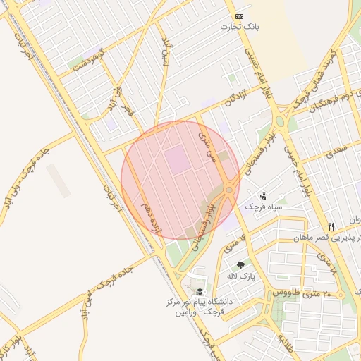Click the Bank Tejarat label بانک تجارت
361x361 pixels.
pyautogui.click(x=239, y=27)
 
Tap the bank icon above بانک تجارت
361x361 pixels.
pyautogui.click(x=239, y=16)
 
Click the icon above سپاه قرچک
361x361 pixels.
pyautogui.click(x=263, y=195)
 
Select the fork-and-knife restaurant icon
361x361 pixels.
pyautogui.click(x=331, y=226)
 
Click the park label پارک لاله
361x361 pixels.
pyautogui.click(x=241, y=276)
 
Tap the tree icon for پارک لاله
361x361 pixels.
pyautogui.click(x=241, y=265)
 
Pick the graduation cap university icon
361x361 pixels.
pyautogui.click(x=200, y=291)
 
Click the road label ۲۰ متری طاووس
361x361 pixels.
pyautogui.click(x=298, y=292)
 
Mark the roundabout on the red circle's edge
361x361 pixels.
pyautogui.click(x=230, y=190)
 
